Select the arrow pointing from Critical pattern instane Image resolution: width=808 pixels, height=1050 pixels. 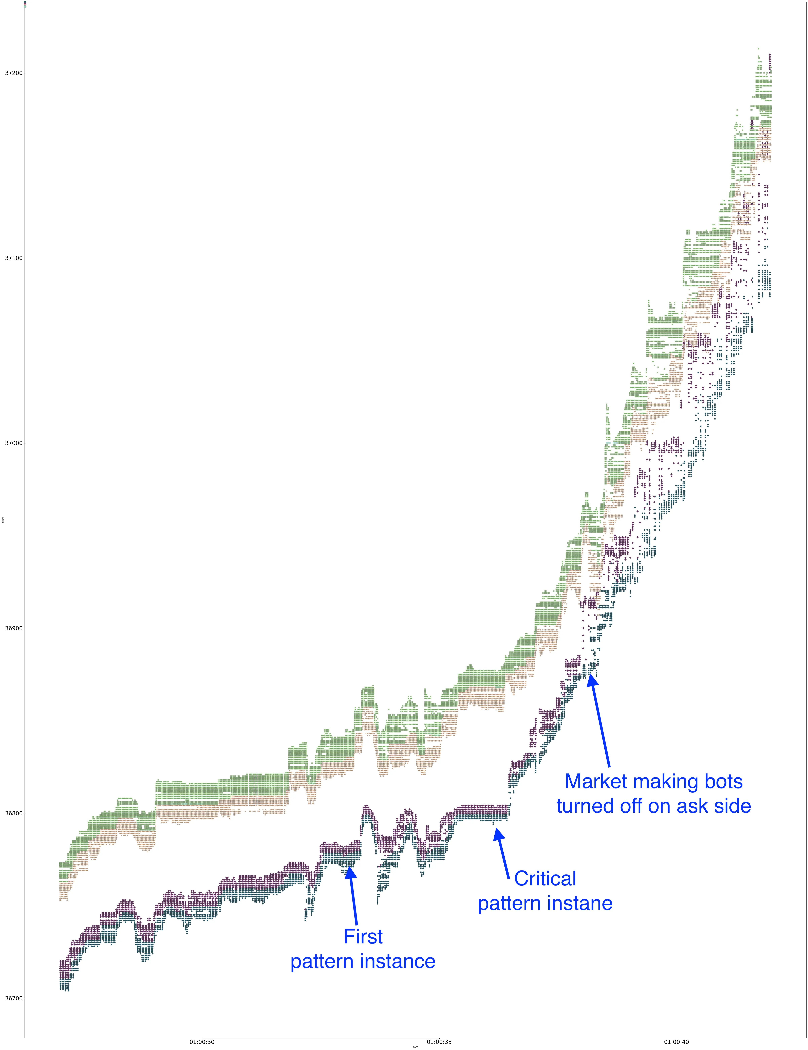[x=503, y=851]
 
